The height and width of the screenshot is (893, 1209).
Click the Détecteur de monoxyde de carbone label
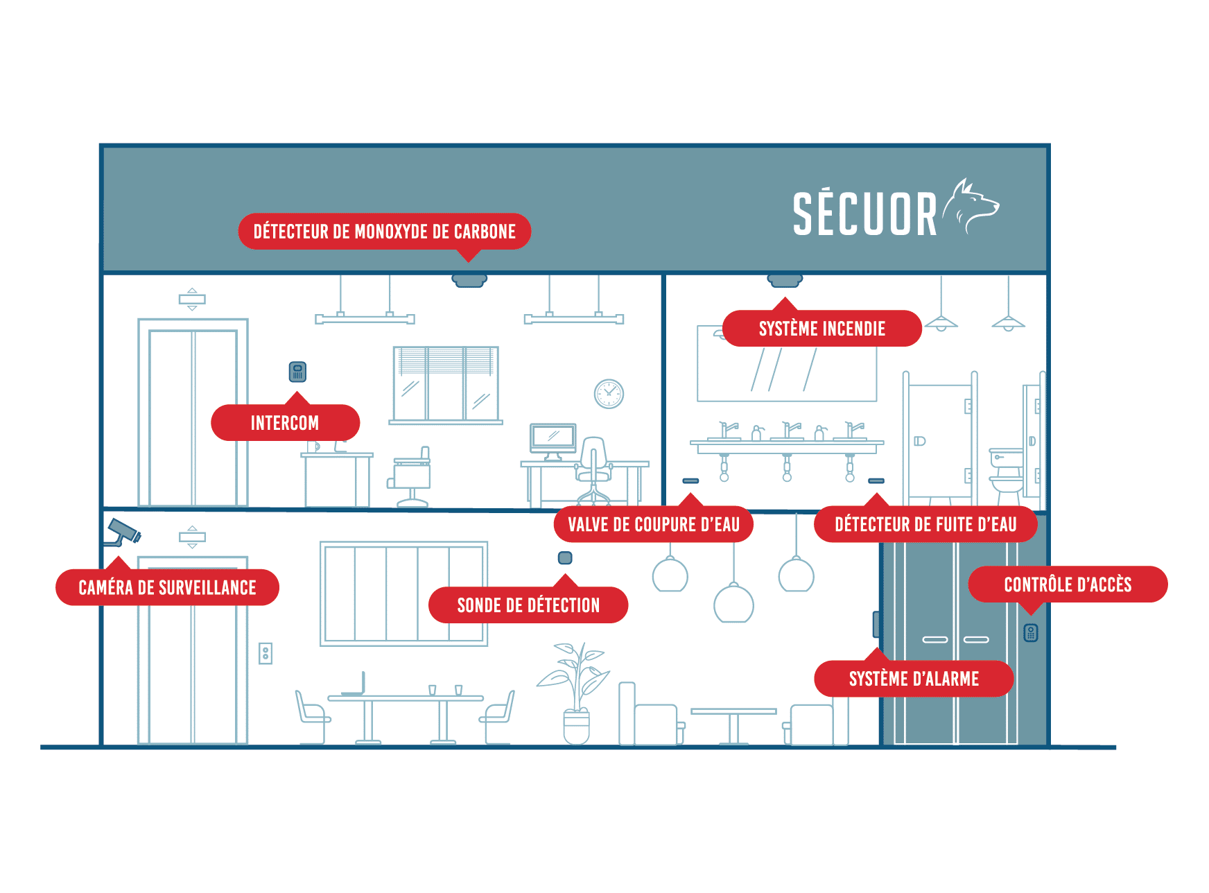click(x=385, y=232)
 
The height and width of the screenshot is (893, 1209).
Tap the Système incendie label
click(x=822, y=328)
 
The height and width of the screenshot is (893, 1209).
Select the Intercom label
click(x=285, y=422)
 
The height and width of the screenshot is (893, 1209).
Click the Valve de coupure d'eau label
click(x=654, y=524)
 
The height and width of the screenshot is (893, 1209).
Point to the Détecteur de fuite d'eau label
click(x=925, y=524)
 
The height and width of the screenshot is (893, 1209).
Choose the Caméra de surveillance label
click(x=167, y=587)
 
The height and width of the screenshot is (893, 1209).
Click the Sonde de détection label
click(x=528, y=605)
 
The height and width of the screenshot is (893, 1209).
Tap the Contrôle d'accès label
click(x=1068, y=584)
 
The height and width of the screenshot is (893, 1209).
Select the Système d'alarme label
click(x=914, y=678)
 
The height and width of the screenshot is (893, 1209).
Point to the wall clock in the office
click(x=609, y=394)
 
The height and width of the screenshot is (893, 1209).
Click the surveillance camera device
click(x=123, y=532)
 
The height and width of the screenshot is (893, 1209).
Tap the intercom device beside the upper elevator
click(x=297, y=372)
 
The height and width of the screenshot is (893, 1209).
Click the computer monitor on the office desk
click(x=553, y=440)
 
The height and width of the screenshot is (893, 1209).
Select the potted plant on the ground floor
click(x=575, y=693)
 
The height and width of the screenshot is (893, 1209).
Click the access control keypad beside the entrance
click(x=1031, y=632)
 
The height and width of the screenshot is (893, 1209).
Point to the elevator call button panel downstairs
click(x=266, y=653)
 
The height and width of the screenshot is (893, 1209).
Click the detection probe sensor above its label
click(x=565, y=558)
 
